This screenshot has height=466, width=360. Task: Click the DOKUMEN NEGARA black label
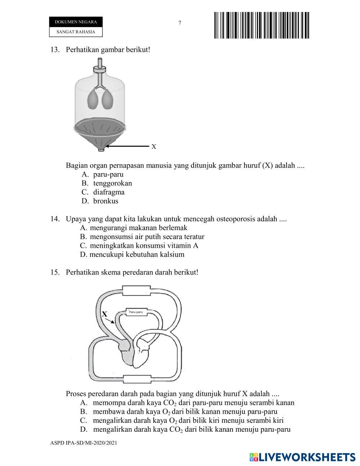(x=76, y=22)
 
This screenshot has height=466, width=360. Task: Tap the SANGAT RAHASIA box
(x=76, y=32)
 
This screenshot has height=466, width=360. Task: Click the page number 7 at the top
(x=180, y=23)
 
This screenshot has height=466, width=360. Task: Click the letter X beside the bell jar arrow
(x=154, y=147)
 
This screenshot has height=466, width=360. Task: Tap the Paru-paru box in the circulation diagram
(x=136, y=312)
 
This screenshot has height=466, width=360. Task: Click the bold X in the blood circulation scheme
(x=104, y=314)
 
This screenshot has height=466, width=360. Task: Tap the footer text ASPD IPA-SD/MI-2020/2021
(x=84, y=443)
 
